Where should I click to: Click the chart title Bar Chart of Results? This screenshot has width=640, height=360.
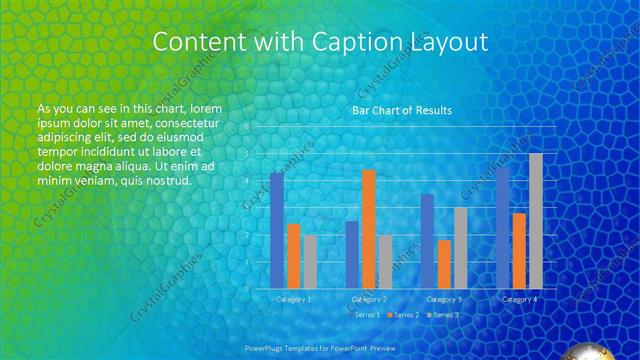click(x=401, y=110)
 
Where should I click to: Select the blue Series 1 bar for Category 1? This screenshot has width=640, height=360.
click(x=277, y=231)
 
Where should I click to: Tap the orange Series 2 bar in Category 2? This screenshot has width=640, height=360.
click(x=369, y=229)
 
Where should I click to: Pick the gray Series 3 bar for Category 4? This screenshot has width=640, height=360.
click(x=536, y=221)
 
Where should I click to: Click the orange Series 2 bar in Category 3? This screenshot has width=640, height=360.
click(x=444, y=264)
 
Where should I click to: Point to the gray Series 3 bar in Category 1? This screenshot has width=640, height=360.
click(x=310, y=262)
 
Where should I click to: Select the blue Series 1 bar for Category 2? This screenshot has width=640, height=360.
click(x=352, y=255)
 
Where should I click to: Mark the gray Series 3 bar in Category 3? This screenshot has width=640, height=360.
click(x=461, y=248)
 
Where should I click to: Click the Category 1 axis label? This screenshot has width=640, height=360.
click(x=293, y=299)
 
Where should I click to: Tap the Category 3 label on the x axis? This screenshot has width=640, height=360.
click(x=444, y=299)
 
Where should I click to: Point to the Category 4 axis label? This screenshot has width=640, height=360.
click(x=519, y=299)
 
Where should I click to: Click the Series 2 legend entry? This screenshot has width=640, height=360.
click(x=404, y=314)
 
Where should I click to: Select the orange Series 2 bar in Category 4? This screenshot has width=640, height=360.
click(x=519, y=250)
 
